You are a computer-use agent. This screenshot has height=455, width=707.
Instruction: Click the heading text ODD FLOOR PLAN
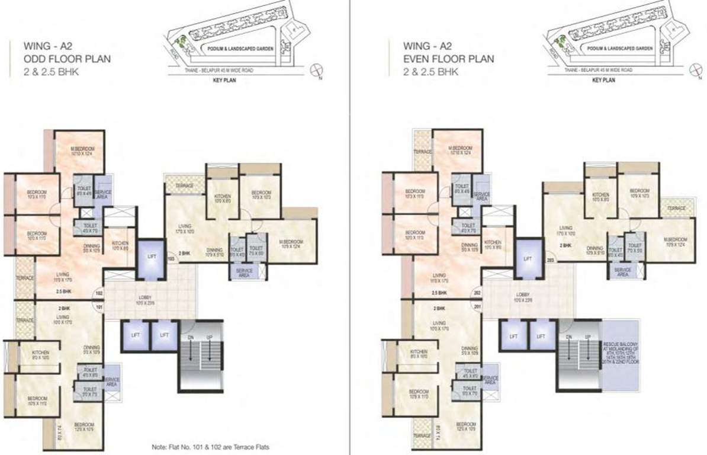[66, 59]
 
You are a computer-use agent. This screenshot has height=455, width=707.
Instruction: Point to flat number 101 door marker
[99, 307]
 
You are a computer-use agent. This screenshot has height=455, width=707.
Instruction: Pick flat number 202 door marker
[477, 293]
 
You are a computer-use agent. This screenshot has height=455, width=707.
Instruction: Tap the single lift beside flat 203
[528, 259]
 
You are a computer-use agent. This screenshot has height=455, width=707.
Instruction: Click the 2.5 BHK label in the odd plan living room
[65, 292]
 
